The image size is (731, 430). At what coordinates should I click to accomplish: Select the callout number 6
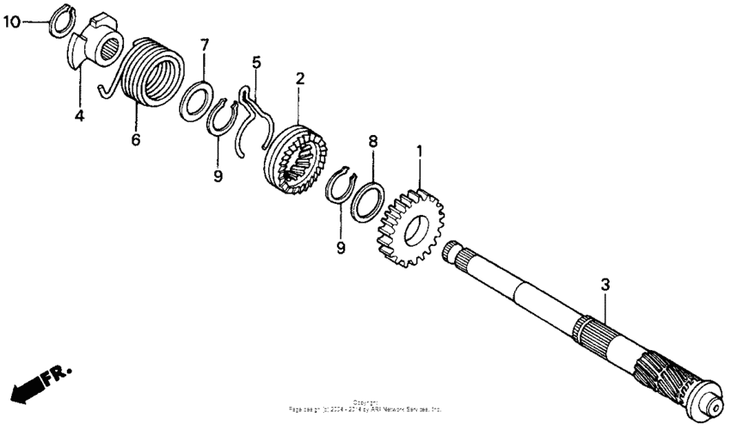135,139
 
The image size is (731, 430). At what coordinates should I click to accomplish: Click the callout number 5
255,62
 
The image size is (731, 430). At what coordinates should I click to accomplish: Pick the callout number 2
299,79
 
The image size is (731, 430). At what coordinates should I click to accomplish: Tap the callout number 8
372,140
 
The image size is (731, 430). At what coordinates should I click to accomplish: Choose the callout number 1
419,151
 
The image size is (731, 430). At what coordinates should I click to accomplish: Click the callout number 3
605,284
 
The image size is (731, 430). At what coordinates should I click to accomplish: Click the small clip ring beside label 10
58,21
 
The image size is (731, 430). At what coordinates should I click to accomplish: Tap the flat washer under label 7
199,99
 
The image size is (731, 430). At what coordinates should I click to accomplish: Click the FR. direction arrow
39,381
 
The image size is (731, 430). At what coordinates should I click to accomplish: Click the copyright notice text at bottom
365,407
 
